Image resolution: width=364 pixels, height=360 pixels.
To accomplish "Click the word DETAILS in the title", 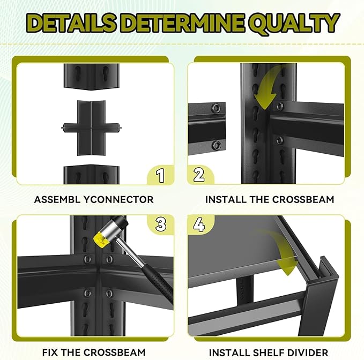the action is coord(73,22).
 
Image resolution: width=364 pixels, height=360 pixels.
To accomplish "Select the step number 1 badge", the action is coord(160,175).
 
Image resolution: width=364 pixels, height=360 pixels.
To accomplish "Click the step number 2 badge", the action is coord(199,175).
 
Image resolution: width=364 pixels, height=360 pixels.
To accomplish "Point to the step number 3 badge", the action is coord(161,224).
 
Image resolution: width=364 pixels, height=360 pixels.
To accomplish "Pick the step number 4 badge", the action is coord(199,224).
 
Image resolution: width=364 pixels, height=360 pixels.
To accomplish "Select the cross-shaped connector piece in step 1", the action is coord(91,128).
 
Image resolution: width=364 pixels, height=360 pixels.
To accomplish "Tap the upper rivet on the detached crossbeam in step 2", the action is coord(216,108).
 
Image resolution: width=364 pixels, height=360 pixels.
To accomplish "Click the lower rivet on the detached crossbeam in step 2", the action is coord(216,145).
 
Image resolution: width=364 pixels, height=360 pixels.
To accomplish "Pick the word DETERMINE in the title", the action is coord(182,22).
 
